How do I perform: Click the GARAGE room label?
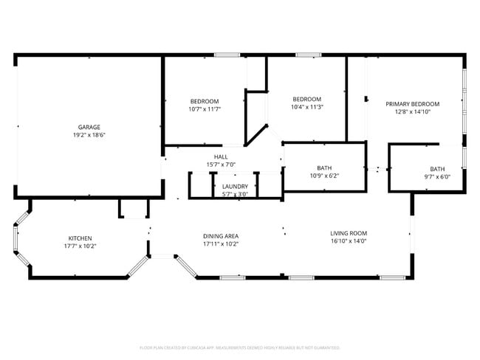click(x=89, y=127)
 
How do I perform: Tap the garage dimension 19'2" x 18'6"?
click(x=89, y=136)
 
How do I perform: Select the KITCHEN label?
click(x=80, y=238)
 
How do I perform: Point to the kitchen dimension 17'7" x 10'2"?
click(x=80, y=246)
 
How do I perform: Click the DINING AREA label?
click(x=221, y=236)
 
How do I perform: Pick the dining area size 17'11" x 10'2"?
click(x=221, y=244)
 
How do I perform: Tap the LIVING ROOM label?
click(x=349, y=233)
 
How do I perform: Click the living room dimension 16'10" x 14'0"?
click(x=349, y=241)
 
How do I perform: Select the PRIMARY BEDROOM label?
click(x=412, y=104)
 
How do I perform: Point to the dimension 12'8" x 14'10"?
click(x=412, y=112)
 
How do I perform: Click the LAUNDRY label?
click(x=235, y=187)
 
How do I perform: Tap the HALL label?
click(x=221, y=156)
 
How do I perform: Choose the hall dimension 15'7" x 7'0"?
click(x=221, y=165)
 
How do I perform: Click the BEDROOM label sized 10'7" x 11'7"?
click(x=205, y=101)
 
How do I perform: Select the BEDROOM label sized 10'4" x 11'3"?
click(x=306, y=99)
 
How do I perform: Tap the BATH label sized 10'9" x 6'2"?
click(x=324, y=167)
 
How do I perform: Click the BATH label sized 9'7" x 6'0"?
click(x=438, y=168)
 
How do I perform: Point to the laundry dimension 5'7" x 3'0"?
click(x=235, y=195)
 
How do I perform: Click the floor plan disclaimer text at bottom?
click(x=239, y=347)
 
